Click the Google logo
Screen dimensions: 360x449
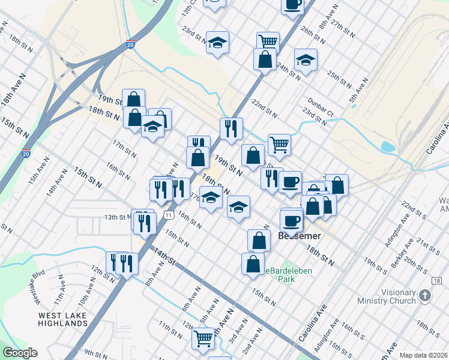pos(20,353)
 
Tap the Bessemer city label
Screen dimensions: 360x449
pos(300,236)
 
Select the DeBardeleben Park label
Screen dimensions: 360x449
pos(282,275)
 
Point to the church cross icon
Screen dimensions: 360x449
pos(425,295)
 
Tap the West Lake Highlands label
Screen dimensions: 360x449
pos(63,319)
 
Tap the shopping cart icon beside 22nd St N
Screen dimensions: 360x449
pos(279,143)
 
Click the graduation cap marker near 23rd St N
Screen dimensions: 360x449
pos(217,43)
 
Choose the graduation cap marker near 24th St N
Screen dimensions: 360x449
pos(306,60)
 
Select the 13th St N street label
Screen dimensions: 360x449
pos(118,217)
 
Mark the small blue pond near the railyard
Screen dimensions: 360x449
pos(388,147)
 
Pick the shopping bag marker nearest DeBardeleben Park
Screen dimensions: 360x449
pos(253,263)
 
